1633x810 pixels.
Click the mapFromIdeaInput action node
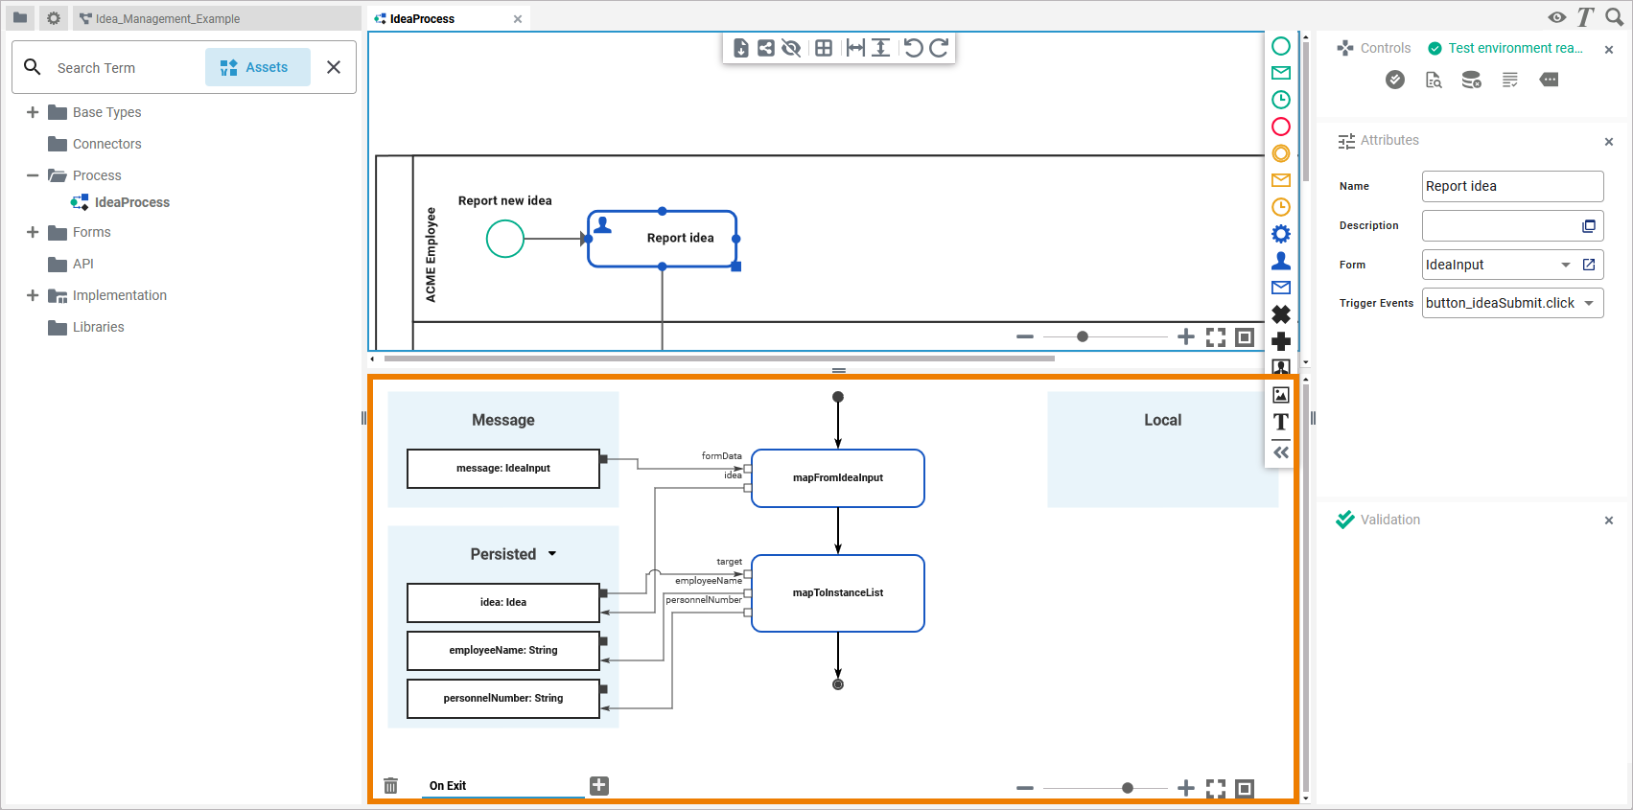[x=838, y=478]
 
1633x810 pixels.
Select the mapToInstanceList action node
[x=838, y=592]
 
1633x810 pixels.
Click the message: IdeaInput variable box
[x=503, y=468]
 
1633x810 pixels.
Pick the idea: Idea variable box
[x=503, y=602]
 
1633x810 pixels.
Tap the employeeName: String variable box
[x=503, y=650]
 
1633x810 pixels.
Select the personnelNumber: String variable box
[x=503, y=699]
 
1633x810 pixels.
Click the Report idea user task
[x=662, y=239]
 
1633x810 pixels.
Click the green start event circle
[x=505, y=239]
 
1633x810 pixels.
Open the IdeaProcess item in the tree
[x=132, y=202]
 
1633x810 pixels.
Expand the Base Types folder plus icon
[x=32, y=112]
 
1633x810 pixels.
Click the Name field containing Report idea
[x=1512, y=186]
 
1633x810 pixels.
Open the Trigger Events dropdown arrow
[x=1589, y=303]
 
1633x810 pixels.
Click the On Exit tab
[x=448, y=785]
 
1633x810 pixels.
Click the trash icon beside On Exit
[x=391, y=785]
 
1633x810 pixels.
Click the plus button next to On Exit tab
[x=599, y=785]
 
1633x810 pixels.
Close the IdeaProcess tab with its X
[x=518, y=19]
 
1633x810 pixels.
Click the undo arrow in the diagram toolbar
[x=913, y=48]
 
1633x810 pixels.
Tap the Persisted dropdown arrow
[x=552, y=554]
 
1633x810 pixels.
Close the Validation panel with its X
[x=1609, y=521]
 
